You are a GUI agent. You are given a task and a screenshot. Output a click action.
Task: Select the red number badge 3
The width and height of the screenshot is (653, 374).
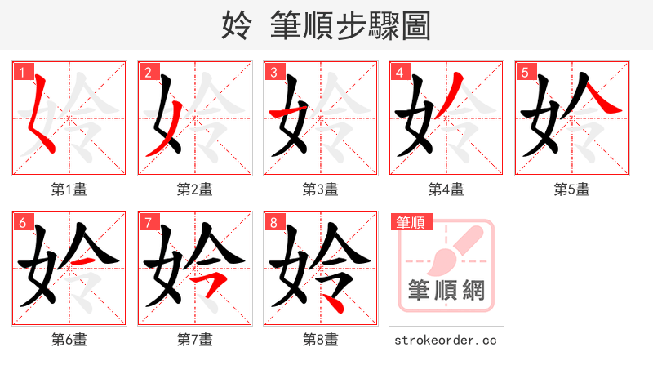273,72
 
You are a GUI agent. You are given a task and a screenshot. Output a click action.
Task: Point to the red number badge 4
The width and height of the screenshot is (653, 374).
399,72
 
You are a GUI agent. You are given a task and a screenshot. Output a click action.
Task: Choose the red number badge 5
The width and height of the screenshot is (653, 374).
525,72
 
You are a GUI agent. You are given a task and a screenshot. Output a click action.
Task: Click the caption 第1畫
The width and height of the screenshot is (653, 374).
69,189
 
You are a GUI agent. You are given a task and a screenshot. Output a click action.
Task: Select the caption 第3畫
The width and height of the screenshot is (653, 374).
321,189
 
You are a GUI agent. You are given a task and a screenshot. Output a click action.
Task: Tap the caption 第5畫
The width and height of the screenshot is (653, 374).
572,189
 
